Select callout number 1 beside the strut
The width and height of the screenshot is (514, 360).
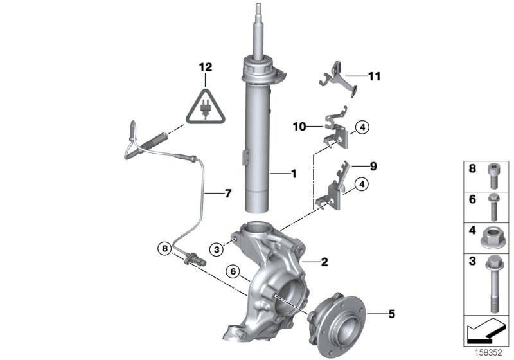point(294,174)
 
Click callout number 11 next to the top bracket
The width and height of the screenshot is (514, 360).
point(374,76)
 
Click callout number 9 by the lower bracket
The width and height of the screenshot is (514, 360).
point(373,166)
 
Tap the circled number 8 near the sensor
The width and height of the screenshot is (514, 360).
point(166,247)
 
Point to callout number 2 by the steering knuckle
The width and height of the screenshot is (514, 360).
point(324,262)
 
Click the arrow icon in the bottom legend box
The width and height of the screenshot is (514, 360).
point(484,333)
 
